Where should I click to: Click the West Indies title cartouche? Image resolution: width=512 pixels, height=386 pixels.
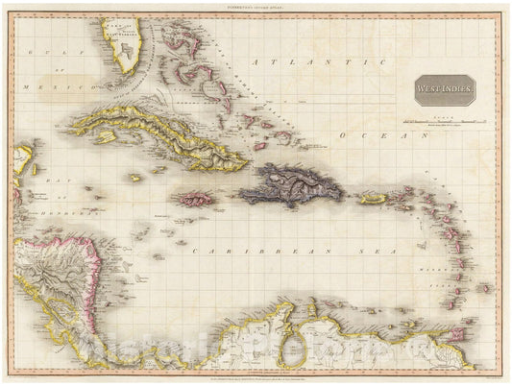444,89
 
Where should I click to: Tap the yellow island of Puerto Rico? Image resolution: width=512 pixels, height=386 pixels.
372,199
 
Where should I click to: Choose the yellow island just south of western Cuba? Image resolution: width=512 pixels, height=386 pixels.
134,177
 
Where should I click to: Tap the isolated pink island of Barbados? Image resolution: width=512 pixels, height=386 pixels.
484,287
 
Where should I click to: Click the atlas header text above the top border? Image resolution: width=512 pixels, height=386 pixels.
256,7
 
